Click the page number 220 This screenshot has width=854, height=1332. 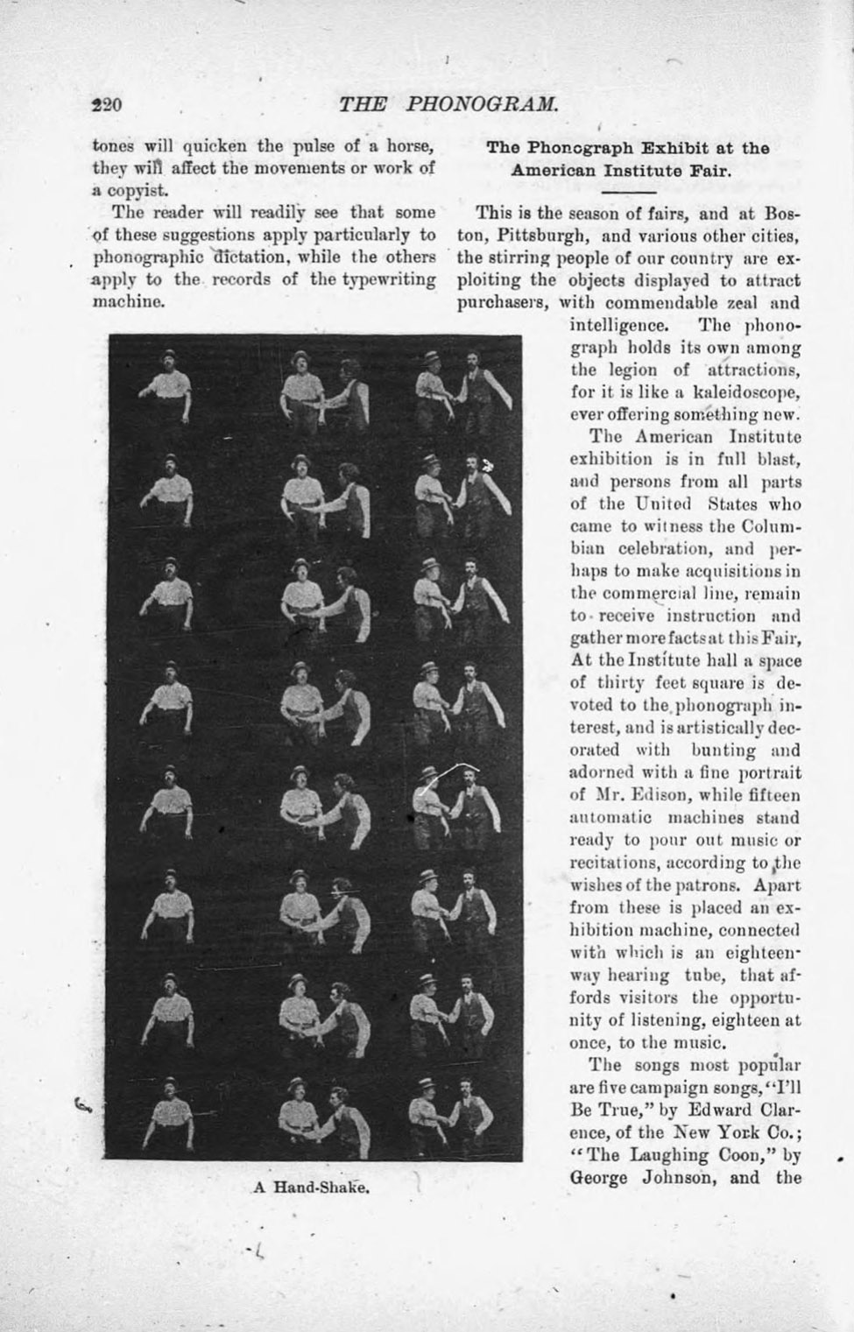pos(106,104)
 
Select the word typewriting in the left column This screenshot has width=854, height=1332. pos(387,279)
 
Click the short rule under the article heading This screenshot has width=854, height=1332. pos(628,190)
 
